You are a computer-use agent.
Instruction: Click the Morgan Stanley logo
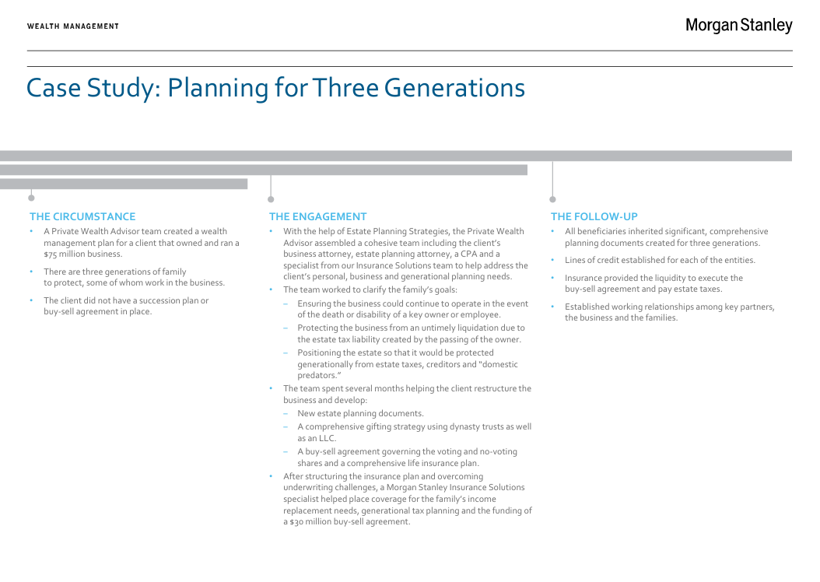(739, 26)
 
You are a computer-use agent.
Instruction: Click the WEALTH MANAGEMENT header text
(73, 26)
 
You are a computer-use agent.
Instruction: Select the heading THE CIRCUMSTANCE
(82, 216)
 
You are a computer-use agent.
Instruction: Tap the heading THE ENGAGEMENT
(318, 216)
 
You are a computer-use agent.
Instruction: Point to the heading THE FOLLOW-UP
(594, 216)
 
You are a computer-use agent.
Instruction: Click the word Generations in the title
(454, 88)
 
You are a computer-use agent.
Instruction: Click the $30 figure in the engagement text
(296, 522)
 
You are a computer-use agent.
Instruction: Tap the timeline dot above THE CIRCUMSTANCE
(31, 198)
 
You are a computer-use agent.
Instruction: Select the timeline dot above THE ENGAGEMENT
(271, 199)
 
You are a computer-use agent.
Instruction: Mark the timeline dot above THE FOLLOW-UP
(553, 199)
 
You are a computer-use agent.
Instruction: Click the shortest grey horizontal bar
(124, 184)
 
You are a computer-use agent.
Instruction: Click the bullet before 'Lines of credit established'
(552, 260)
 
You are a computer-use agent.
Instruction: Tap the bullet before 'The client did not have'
(31, 300)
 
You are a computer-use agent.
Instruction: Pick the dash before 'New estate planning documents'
(286, 414)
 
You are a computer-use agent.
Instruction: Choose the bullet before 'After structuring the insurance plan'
(271, 476)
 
